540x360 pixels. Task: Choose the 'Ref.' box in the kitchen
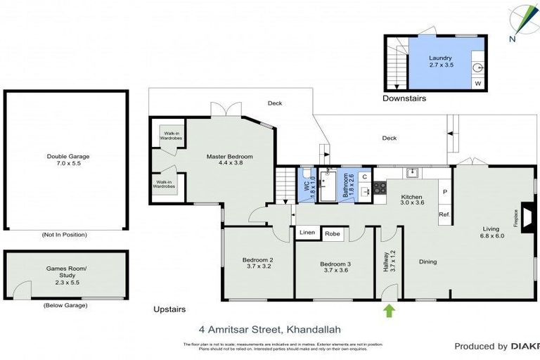click(444, 214)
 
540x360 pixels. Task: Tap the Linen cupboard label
click(307, 233)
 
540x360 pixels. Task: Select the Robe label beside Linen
click(333, 233)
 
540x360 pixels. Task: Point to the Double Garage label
click(68, 160)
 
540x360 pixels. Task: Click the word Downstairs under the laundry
click(404, 98)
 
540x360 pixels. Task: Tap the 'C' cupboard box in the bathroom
click(365, 177)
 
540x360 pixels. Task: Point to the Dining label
click(427, 262)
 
